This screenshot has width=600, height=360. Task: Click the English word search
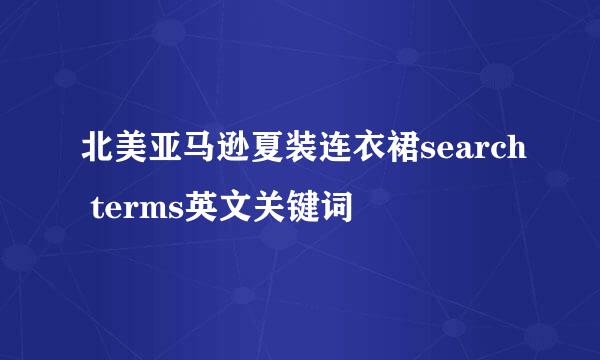pos(468,153)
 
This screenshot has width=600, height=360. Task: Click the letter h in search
pos(511,153)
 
